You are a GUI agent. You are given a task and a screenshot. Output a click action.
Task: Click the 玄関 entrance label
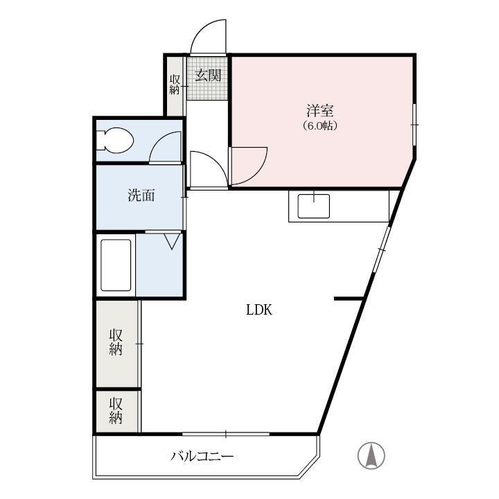coord(207,75)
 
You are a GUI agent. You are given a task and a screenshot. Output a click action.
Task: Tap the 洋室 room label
coord(320,111)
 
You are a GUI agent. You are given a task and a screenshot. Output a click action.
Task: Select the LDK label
coord(259,310)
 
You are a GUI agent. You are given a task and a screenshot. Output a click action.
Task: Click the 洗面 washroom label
coord(141,195)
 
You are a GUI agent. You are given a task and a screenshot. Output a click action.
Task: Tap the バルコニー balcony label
coord(202,456)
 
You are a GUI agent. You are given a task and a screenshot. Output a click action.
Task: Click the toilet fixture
coord(114,141)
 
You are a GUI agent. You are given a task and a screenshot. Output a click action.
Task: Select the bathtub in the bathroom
coord(116,265)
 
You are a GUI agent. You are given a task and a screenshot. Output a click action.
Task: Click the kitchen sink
coord(313,206)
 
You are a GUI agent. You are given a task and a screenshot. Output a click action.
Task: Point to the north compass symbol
coord(371,455)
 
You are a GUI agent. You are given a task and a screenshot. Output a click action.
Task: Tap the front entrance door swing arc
coord(209,37)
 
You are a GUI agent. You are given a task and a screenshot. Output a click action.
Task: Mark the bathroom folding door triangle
coord(173,241)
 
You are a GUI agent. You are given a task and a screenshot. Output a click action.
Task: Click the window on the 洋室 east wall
coord(414,124)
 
